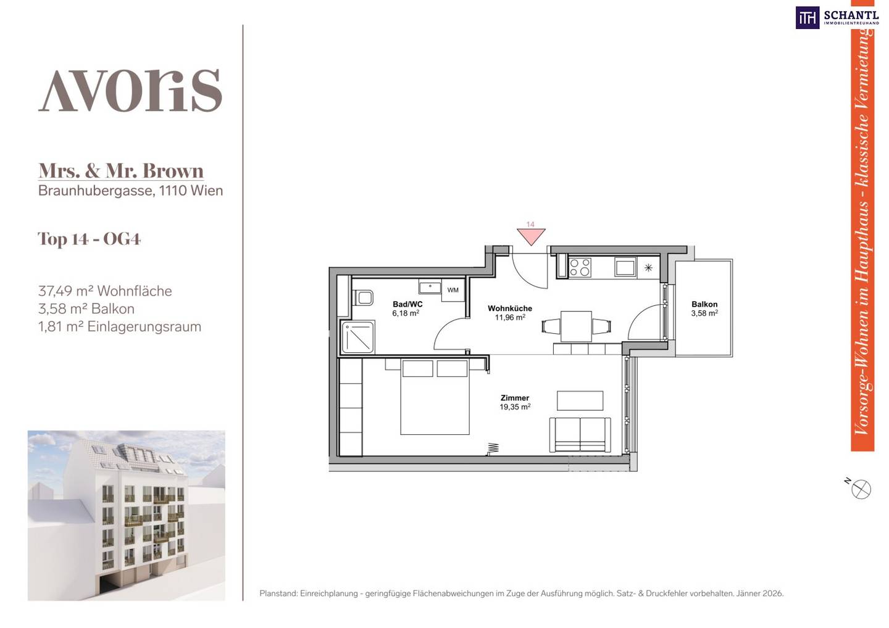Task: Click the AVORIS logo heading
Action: click(x=130, y=91)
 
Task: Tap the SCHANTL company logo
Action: click(x=837, y=18)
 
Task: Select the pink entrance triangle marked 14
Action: click(x=531, y=237)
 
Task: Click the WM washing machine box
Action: click(x=453, y=290)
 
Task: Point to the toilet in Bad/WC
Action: click(x=363, y=297)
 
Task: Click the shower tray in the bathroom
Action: click(x=358, y=337)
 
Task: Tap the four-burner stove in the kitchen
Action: click(x=580, y=267)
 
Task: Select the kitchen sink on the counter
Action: click(x=625, y=267)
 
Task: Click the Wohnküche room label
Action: click(x=510, y=308)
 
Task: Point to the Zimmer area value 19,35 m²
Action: click(x=515, y=407)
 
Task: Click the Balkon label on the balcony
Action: click(x=704, y=304)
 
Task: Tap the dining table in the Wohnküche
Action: click(x=576, y=326)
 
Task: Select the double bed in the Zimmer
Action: click(x=435, y=397)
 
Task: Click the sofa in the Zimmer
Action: click(x=580, y=435)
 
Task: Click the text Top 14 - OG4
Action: click(x=90, y=239)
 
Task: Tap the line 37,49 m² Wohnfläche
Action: click(x=105, y=291)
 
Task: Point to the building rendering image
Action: click(x=126, y=515)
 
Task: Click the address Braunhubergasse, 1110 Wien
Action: click(x=131, y=191)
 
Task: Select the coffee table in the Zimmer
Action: click(x=580, y=401)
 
